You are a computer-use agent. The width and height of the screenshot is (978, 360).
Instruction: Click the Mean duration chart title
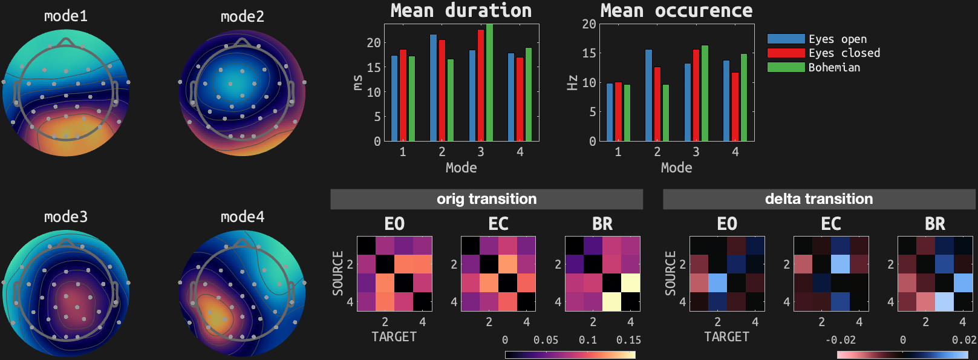tap(461, 10)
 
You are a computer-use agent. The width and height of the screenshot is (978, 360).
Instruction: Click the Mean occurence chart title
tap(676, 10)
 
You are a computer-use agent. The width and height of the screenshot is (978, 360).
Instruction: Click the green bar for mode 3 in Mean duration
tap(489, 83)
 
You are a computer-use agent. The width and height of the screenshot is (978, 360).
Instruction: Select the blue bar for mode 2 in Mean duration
tap(433, 88)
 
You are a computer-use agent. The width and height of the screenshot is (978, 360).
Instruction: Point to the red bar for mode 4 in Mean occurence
tap(735, 106)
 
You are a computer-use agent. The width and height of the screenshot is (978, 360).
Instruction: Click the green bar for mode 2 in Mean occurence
tap(666, 113)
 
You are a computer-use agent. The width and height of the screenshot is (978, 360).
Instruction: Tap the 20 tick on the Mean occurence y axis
tap(588, 24)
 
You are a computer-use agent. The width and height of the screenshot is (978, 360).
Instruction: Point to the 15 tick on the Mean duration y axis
tap(374, 68)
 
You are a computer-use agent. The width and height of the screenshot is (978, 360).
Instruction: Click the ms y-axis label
tap(357, 83)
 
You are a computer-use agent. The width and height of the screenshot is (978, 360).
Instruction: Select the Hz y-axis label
tap(572, 83)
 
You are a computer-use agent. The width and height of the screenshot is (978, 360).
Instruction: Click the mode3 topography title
tap(66, 217)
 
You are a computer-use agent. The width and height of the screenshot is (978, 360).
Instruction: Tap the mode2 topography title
tap(243, 16)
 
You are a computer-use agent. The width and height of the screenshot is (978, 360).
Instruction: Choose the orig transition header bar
tap(486, 199)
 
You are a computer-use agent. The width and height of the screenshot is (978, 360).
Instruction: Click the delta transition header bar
tap(819, 199)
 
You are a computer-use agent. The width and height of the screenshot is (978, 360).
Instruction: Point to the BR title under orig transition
tap(602, 224)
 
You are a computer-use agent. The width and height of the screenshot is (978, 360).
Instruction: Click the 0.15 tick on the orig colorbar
tap(628, 340)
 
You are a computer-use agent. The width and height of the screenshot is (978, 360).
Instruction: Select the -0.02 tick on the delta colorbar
tap(841, 340)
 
